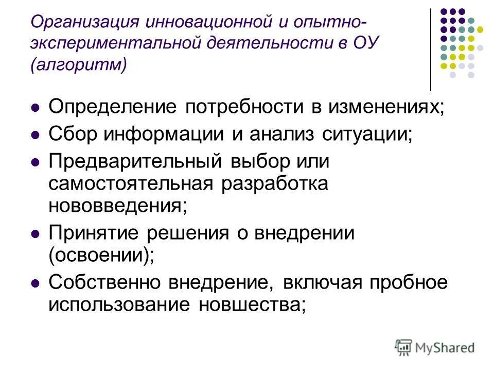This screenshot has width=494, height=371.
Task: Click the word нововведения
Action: click(117, 206)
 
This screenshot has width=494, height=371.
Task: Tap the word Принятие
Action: click(94, 233)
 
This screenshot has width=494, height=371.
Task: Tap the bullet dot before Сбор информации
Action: click(36, 135)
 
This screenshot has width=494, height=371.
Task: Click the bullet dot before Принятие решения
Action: click(36, 234)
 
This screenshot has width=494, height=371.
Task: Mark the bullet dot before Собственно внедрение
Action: click(36, 283)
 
